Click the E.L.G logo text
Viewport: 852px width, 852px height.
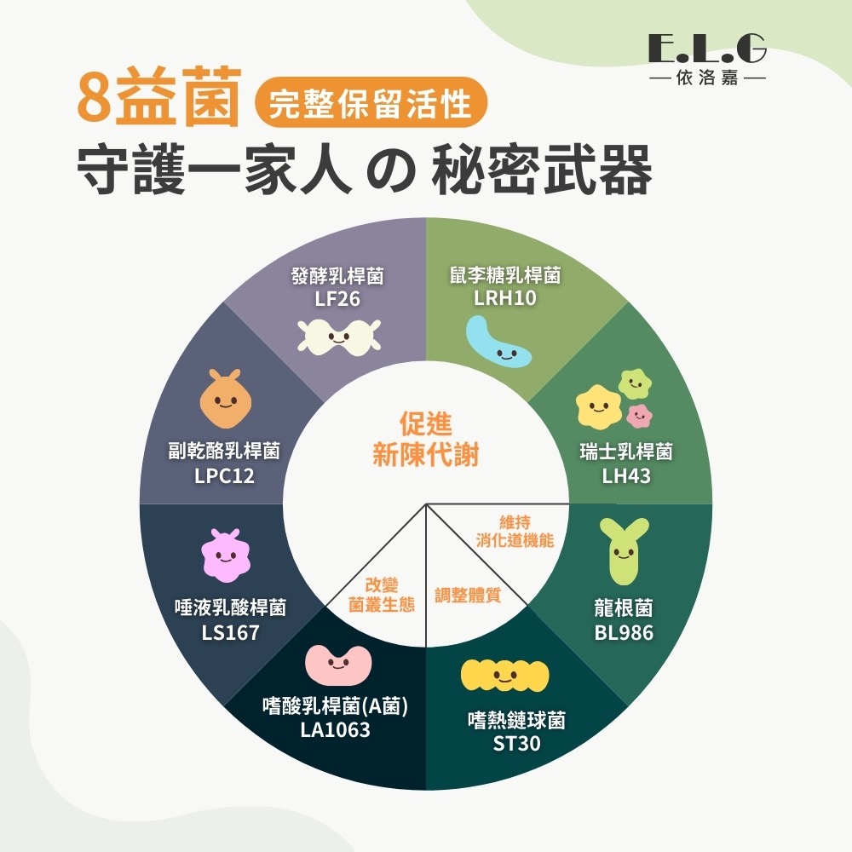pos(706,51)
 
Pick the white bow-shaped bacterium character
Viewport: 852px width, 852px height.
pos(337,337)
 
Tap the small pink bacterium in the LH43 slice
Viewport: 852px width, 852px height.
pos(638,416)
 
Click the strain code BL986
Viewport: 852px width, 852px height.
pos(624,632)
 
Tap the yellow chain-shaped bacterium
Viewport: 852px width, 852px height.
pos(505,676)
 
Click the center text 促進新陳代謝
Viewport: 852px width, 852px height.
pos(425,440)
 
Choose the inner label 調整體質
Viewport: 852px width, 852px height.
pos(467,596)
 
